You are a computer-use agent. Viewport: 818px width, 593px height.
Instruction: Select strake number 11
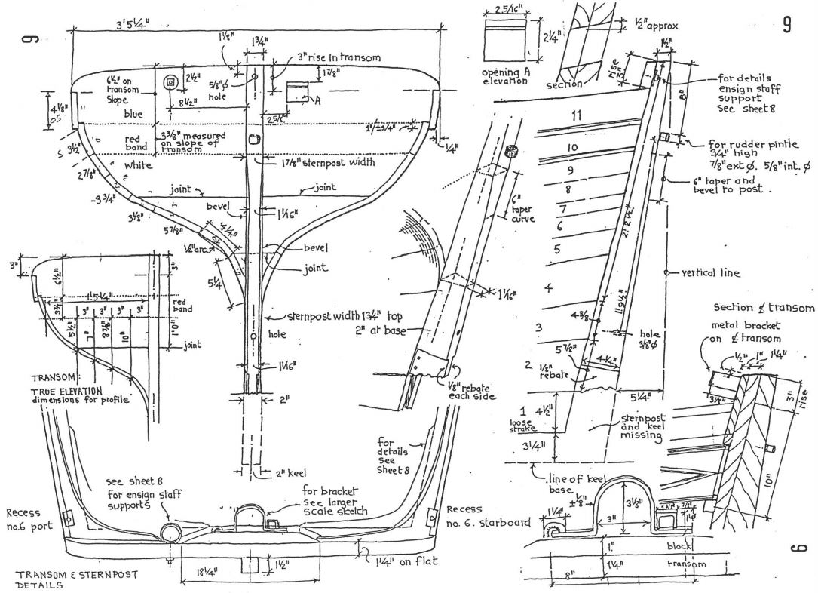(x=578, y=115)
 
